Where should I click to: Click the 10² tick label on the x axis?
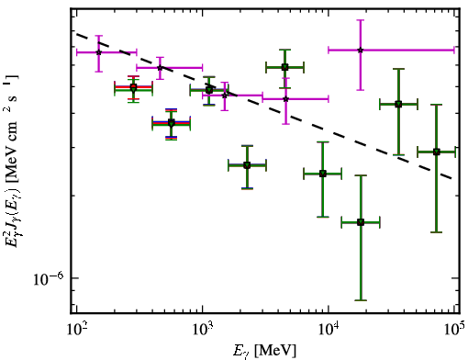[x=77, y=330]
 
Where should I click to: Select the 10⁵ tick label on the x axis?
[x=455, y=330]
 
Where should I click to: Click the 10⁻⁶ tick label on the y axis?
[x=49, y=278]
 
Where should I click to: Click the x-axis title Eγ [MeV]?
[x=264, y=351]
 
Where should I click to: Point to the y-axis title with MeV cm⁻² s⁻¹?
[x=12, y=160]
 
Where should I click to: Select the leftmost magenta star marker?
[x=98, y=52]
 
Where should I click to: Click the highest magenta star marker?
[x=361, y=50]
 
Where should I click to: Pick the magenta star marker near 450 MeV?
[x=160, y=68]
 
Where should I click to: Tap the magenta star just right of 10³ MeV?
[x=225, y=96]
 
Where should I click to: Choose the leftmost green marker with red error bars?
[x=133, y=87]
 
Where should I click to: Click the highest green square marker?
[x=284, y=67]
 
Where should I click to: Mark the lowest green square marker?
[x=361, y=222]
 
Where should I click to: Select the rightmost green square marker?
[x=437, y=152]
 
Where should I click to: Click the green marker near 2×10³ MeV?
[x=247, y=165]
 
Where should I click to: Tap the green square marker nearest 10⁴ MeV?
[x=323, y=174]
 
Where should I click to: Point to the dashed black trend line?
[x=264, y=105]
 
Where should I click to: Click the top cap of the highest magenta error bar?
[x=361, y=20]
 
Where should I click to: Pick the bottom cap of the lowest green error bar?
[x=361, y=300]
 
